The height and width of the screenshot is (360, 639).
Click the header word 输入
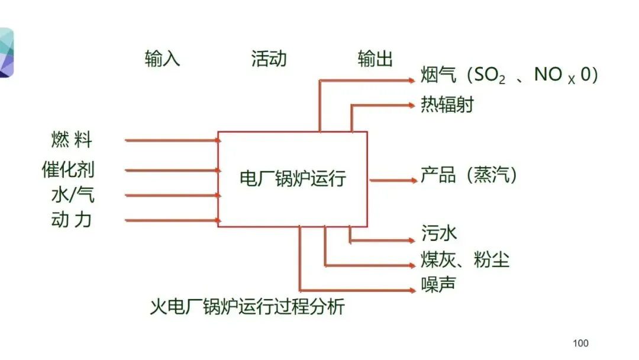162,59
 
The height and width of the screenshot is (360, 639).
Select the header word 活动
269,59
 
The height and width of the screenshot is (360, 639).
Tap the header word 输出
375,59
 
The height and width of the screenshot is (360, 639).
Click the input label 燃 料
72,141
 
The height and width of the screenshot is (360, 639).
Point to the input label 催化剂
68,169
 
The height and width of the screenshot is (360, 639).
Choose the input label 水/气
72,195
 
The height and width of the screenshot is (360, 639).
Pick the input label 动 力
72,220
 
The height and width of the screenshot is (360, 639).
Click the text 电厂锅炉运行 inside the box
292,179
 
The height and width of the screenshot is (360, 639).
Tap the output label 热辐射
447,105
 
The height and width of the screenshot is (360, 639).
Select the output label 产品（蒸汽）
469,175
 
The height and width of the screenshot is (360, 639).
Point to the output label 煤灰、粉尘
465,259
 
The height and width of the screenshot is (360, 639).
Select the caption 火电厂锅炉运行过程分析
247,307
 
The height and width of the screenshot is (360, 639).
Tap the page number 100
581,343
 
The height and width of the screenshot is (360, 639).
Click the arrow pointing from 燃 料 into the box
172,141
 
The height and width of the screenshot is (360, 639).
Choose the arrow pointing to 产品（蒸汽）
393,180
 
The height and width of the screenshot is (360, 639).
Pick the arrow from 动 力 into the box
172,221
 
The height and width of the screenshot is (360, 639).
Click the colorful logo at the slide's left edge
6,53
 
